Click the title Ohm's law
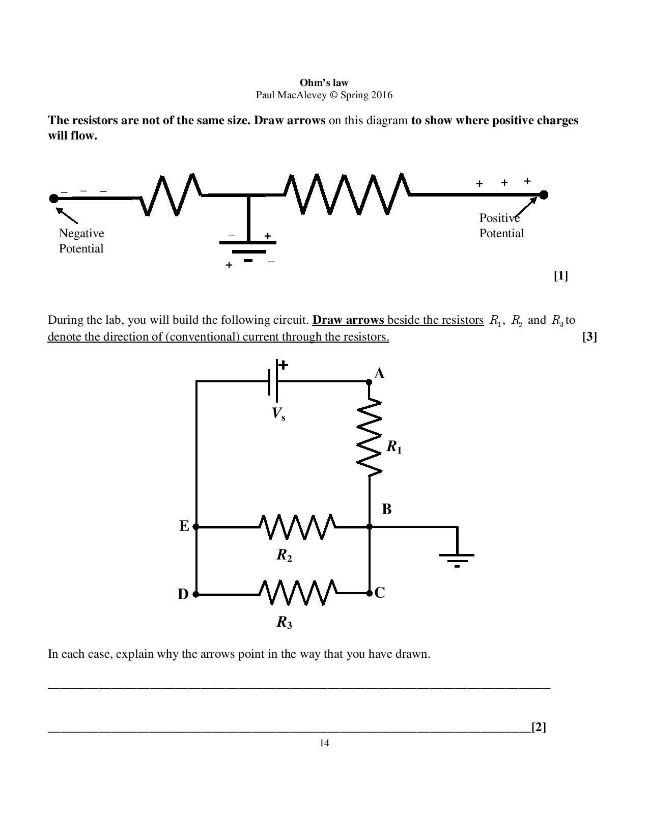click(324, 82)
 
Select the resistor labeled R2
click(297, 526)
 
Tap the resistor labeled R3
click(297, 593)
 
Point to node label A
click(379, 374)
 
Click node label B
click(386, 509)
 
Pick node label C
click(380, 593)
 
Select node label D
click(183, 594)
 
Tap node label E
click(184, 526)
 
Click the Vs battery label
click(278, 413)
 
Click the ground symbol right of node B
click(457, 558)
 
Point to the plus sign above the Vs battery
click(283, 365)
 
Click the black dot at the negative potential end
click(54, 198)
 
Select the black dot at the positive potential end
click(544, 194)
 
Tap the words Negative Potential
click(81, 241)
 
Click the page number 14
click(324, 743)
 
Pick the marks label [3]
click(589, 337)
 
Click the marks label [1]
click(560, 276)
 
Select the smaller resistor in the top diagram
click(171, 194)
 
